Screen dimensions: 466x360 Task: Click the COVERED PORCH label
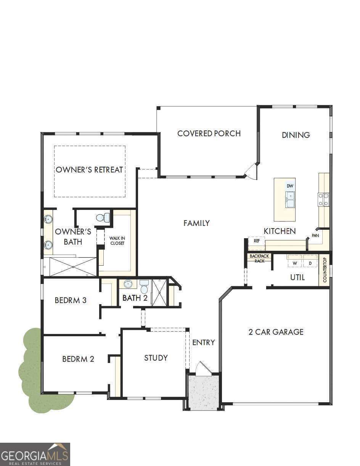pos(209,134)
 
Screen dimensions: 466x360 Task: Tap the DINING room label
pos(296,135)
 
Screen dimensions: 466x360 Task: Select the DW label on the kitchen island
pos(290,186)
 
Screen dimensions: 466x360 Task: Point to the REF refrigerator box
pos(257,241)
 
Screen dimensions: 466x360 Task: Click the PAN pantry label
pos(315,235)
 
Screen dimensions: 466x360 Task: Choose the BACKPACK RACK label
pos(260,258)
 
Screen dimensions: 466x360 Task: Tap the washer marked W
pos(295,263)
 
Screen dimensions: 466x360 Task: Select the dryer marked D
pos(310,263)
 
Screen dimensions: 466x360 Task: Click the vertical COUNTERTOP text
pos(325,270)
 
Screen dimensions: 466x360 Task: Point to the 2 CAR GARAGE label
pos(276,332)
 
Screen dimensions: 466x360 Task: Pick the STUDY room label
pos(156,358)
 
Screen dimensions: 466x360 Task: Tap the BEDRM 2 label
pos(78,359)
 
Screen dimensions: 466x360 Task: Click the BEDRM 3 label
pos(71,300)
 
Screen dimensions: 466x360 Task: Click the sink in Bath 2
pos(128,284)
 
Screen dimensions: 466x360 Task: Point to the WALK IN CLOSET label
pos(117,241)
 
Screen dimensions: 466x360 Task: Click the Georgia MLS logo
pos(35,454)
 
